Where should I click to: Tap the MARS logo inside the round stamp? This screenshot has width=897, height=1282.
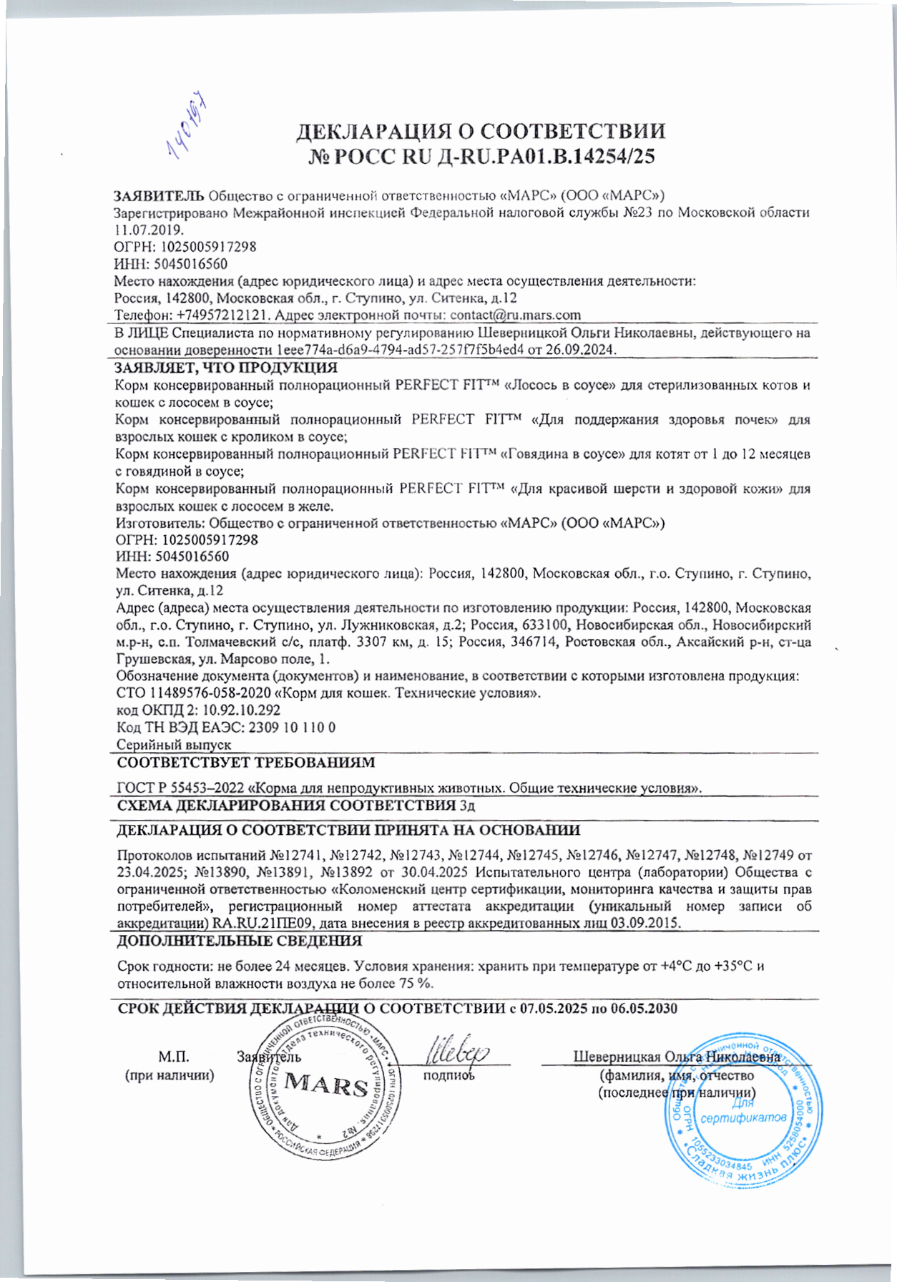pos(325,1086)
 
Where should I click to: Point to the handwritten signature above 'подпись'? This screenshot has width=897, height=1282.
pos(458,1050)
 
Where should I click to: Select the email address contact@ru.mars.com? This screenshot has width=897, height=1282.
pos(515,315)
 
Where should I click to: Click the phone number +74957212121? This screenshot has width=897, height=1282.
pos(223,315)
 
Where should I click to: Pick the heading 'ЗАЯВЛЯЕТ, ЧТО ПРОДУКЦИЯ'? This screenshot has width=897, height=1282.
pos(227,368)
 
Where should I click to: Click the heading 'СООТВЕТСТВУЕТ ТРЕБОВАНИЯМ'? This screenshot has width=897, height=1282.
pos(245,763)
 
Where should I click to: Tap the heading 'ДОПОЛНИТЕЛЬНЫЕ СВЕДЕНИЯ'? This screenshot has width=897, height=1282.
pos(239,940)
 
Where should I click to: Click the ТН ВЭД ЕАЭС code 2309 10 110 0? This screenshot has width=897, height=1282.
pos(291,728)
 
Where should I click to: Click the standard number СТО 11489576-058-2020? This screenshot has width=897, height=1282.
pos(193,693)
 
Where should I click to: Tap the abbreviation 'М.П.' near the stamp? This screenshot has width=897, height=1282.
pos(173,1057)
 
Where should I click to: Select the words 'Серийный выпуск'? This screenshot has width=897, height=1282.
pos(174,745)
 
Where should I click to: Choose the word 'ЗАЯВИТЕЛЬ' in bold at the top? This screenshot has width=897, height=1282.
pos(159,195)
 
